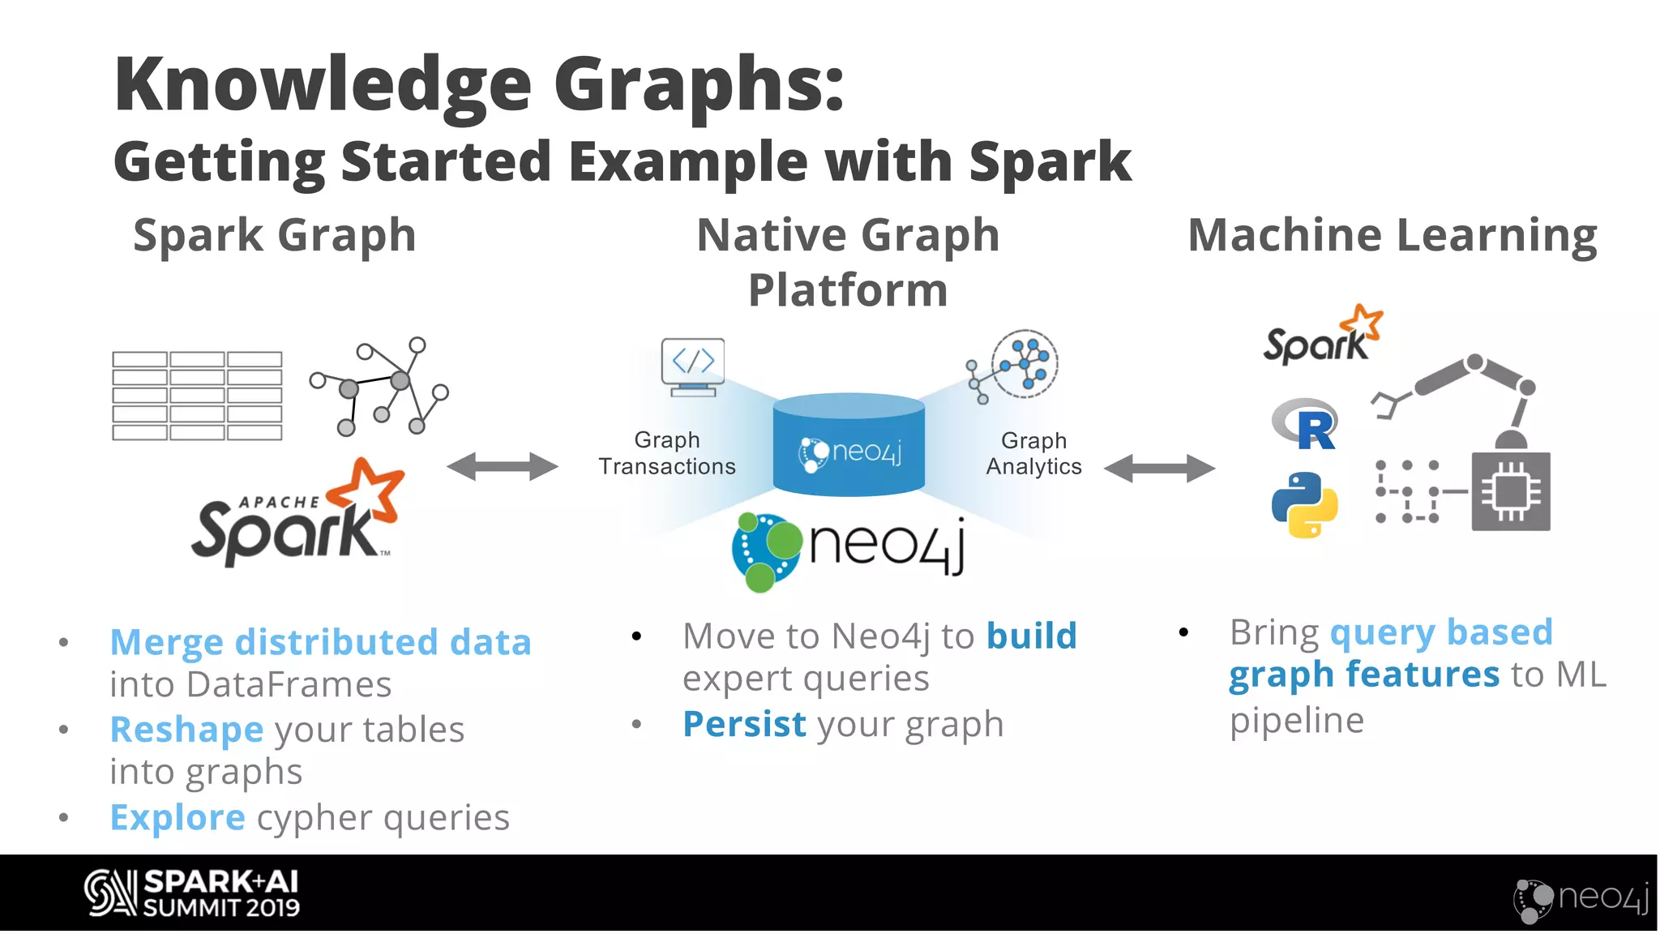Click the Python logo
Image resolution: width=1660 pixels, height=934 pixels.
1304,504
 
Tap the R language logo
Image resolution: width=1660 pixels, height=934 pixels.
1306,424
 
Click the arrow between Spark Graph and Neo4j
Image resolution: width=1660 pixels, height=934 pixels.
502,466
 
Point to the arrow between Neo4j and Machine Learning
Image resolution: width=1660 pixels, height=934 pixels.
1159,468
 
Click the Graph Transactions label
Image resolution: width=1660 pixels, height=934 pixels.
666,453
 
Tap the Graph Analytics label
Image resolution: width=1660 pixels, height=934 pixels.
1033,453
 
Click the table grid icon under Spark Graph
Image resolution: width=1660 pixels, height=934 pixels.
197,396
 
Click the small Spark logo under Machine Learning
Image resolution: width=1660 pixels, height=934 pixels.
1322,336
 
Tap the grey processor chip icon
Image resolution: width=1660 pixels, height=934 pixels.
1511,491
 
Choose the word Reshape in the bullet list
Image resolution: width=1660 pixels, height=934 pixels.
186,729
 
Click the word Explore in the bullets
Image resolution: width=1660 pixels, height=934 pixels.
178,817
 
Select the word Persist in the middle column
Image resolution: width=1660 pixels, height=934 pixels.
744,724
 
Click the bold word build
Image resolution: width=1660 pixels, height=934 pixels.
1031,636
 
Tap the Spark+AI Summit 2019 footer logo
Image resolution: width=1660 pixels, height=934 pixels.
192,893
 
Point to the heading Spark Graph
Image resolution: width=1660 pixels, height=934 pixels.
274,235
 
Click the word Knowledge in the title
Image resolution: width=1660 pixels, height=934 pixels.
323,84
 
